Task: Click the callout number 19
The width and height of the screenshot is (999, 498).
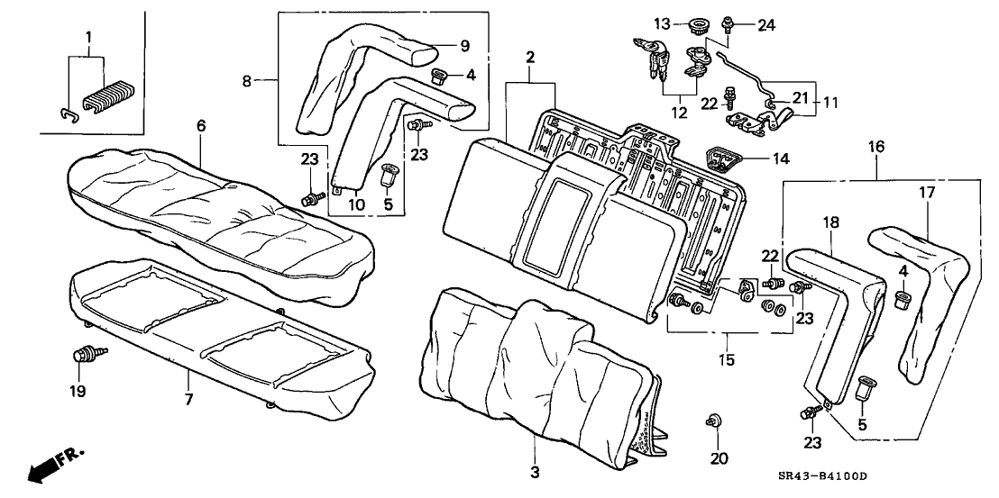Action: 78,391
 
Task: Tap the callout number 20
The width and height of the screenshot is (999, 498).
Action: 718,457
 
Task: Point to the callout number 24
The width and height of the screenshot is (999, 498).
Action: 766,25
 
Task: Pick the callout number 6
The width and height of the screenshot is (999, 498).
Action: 201,126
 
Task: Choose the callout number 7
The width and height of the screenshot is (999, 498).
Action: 189,398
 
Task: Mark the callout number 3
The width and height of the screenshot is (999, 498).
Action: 534,472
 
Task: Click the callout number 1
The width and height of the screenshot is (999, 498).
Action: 87,37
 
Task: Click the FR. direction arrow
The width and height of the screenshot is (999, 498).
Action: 50,466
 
